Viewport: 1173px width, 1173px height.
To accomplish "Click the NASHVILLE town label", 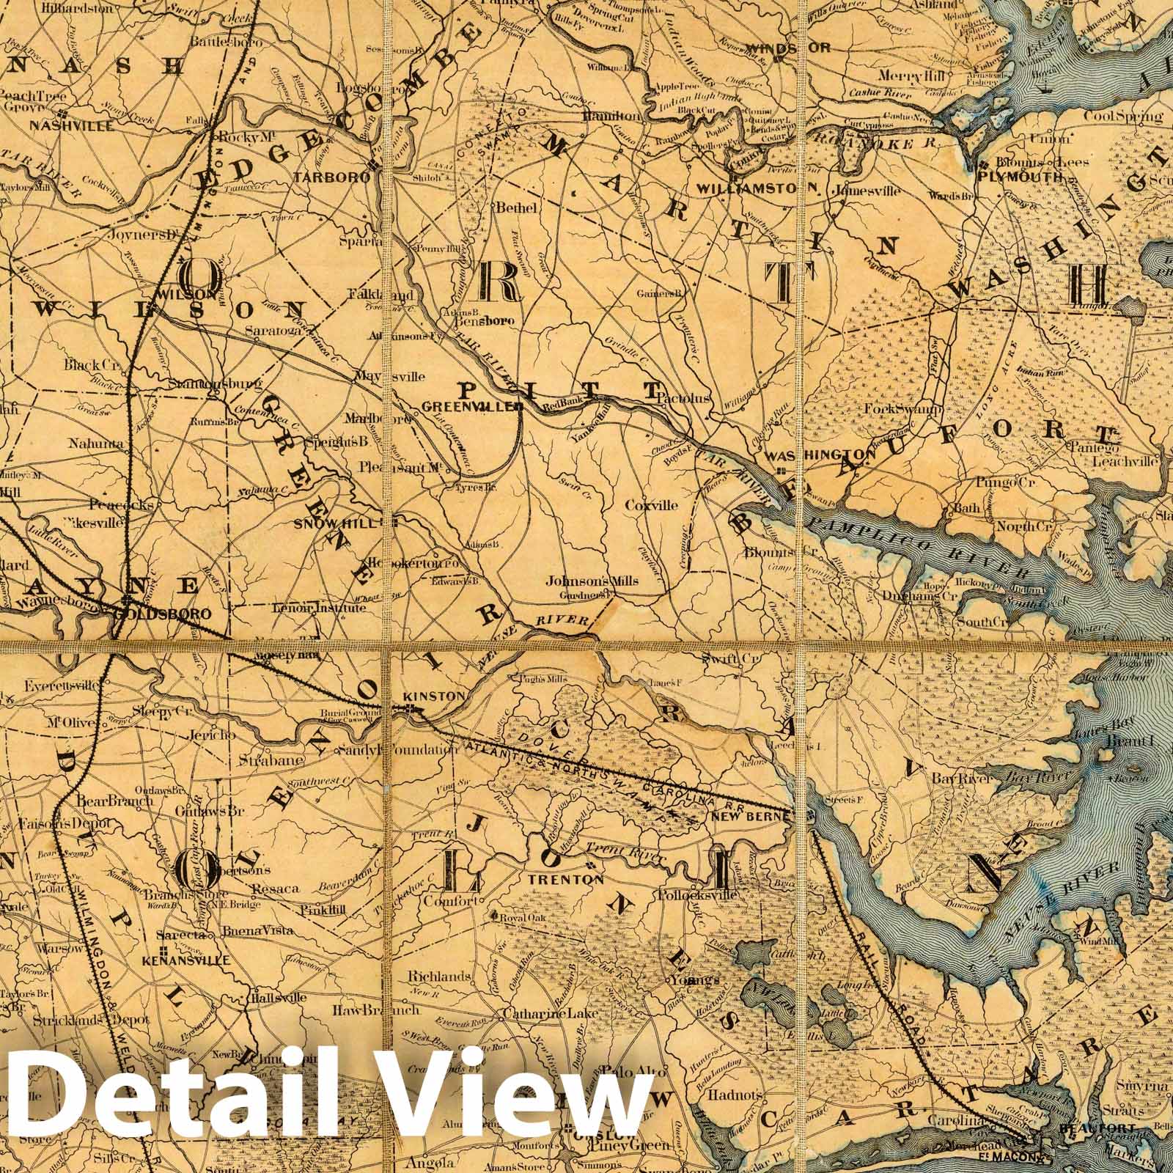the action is click(71, 125).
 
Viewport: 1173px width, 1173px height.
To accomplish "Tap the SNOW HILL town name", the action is click(342, 523).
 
